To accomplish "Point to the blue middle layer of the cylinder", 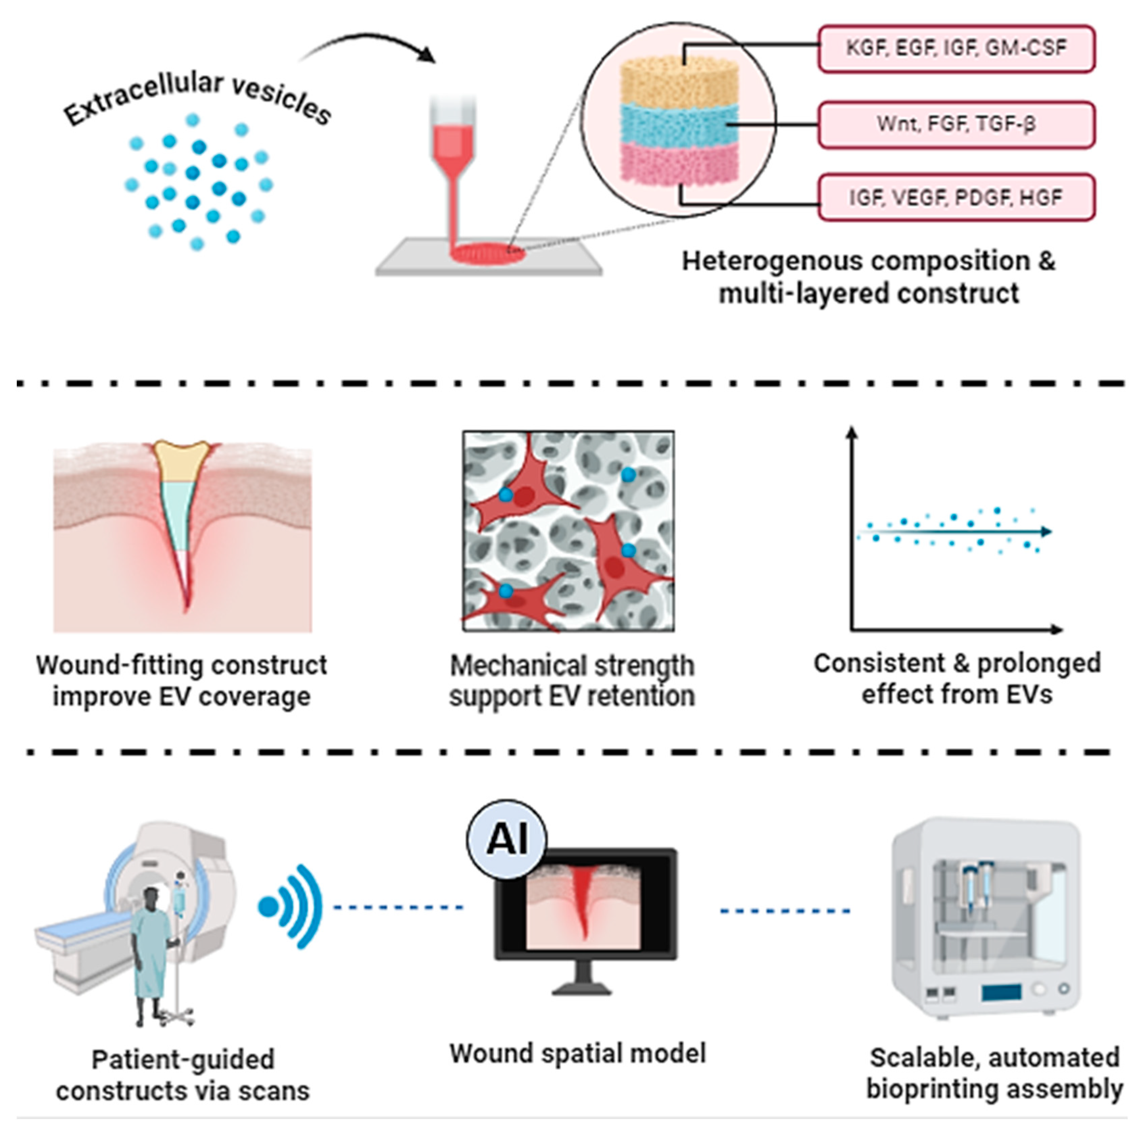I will (679, 125).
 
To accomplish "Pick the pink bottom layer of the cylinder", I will (679, 162).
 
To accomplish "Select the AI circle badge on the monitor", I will (507, 839).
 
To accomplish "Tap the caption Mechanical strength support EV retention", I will (571, 680).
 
